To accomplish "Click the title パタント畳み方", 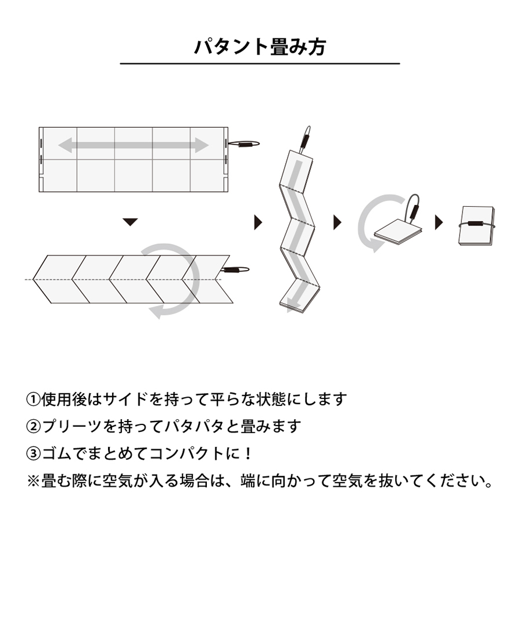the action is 260,47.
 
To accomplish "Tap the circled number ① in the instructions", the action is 33,399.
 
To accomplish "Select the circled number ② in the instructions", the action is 33,426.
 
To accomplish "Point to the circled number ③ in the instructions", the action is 33,453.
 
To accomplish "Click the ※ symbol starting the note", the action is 33,481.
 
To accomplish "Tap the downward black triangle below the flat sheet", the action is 130,222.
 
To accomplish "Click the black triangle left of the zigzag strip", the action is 258,222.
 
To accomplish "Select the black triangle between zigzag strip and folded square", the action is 338,222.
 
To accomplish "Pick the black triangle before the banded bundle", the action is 439,222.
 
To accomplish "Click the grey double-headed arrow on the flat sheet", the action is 134,145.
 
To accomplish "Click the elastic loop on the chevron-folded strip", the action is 235,269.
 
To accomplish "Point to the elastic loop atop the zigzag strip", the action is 305,139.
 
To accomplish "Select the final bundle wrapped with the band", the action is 477,225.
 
